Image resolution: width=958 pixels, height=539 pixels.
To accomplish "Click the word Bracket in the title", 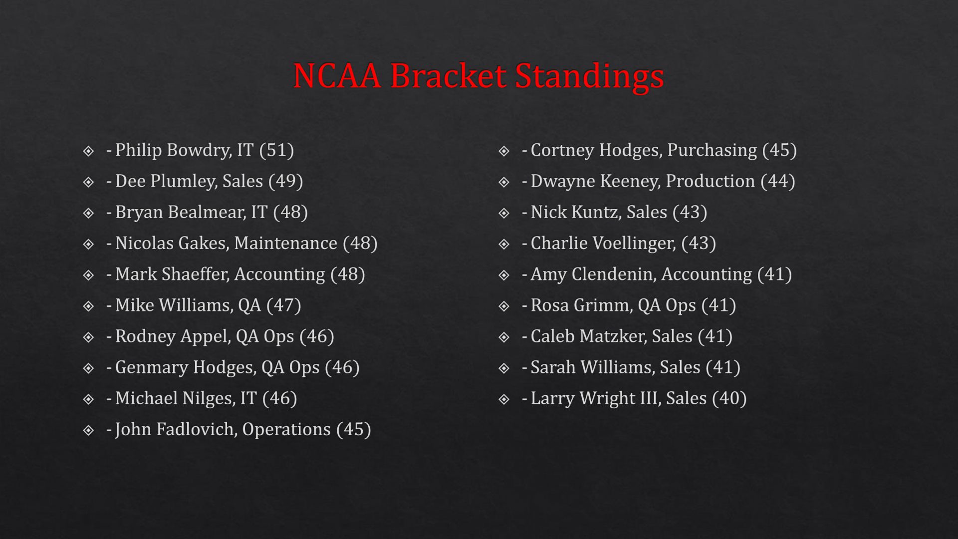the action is (448, 76).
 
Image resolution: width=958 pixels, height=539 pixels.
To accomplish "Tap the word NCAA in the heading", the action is (337, 76).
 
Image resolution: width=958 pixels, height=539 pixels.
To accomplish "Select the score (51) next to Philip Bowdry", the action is (276, 150).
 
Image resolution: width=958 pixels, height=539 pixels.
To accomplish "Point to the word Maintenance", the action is (285, 243).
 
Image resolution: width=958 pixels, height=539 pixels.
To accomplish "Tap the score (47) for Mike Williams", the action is (283, 305).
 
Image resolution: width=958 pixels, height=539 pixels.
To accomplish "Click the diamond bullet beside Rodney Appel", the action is (89, 337).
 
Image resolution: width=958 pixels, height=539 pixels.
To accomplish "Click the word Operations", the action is (286, 429).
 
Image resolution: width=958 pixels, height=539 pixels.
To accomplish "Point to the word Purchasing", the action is (712, 150).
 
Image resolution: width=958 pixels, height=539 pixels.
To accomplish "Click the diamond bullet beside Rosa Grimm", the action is (504, 306).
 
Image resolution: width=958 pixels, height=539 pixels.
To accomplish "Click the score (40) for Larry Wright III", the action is (729, 398).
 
